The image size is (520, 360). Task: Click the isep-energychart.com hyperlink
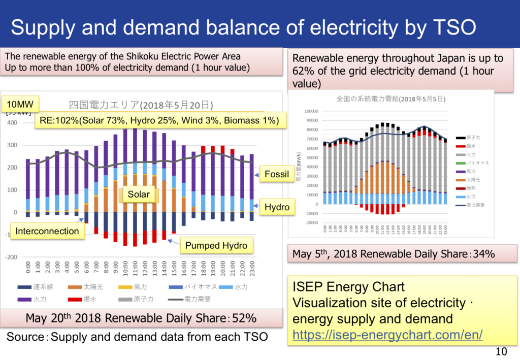click(387, 335)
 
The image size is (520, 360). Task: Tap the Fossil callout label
click(277, 175)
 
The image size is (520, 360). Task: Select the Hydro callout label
click(277, 207)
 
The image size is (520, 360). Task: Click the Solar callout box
click(139, 194)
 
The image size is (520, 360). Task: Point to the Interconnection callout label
click(47, 231)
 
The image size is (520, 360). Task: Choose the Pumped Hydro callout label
click(216, 246)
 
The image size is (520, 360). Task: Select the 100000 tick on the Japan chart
click(310, 111)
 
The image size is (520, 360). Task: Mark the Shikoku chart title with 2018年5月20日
click(141, 105)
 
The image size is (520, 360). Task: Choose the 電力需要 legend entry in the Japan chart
click(477, 205)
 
